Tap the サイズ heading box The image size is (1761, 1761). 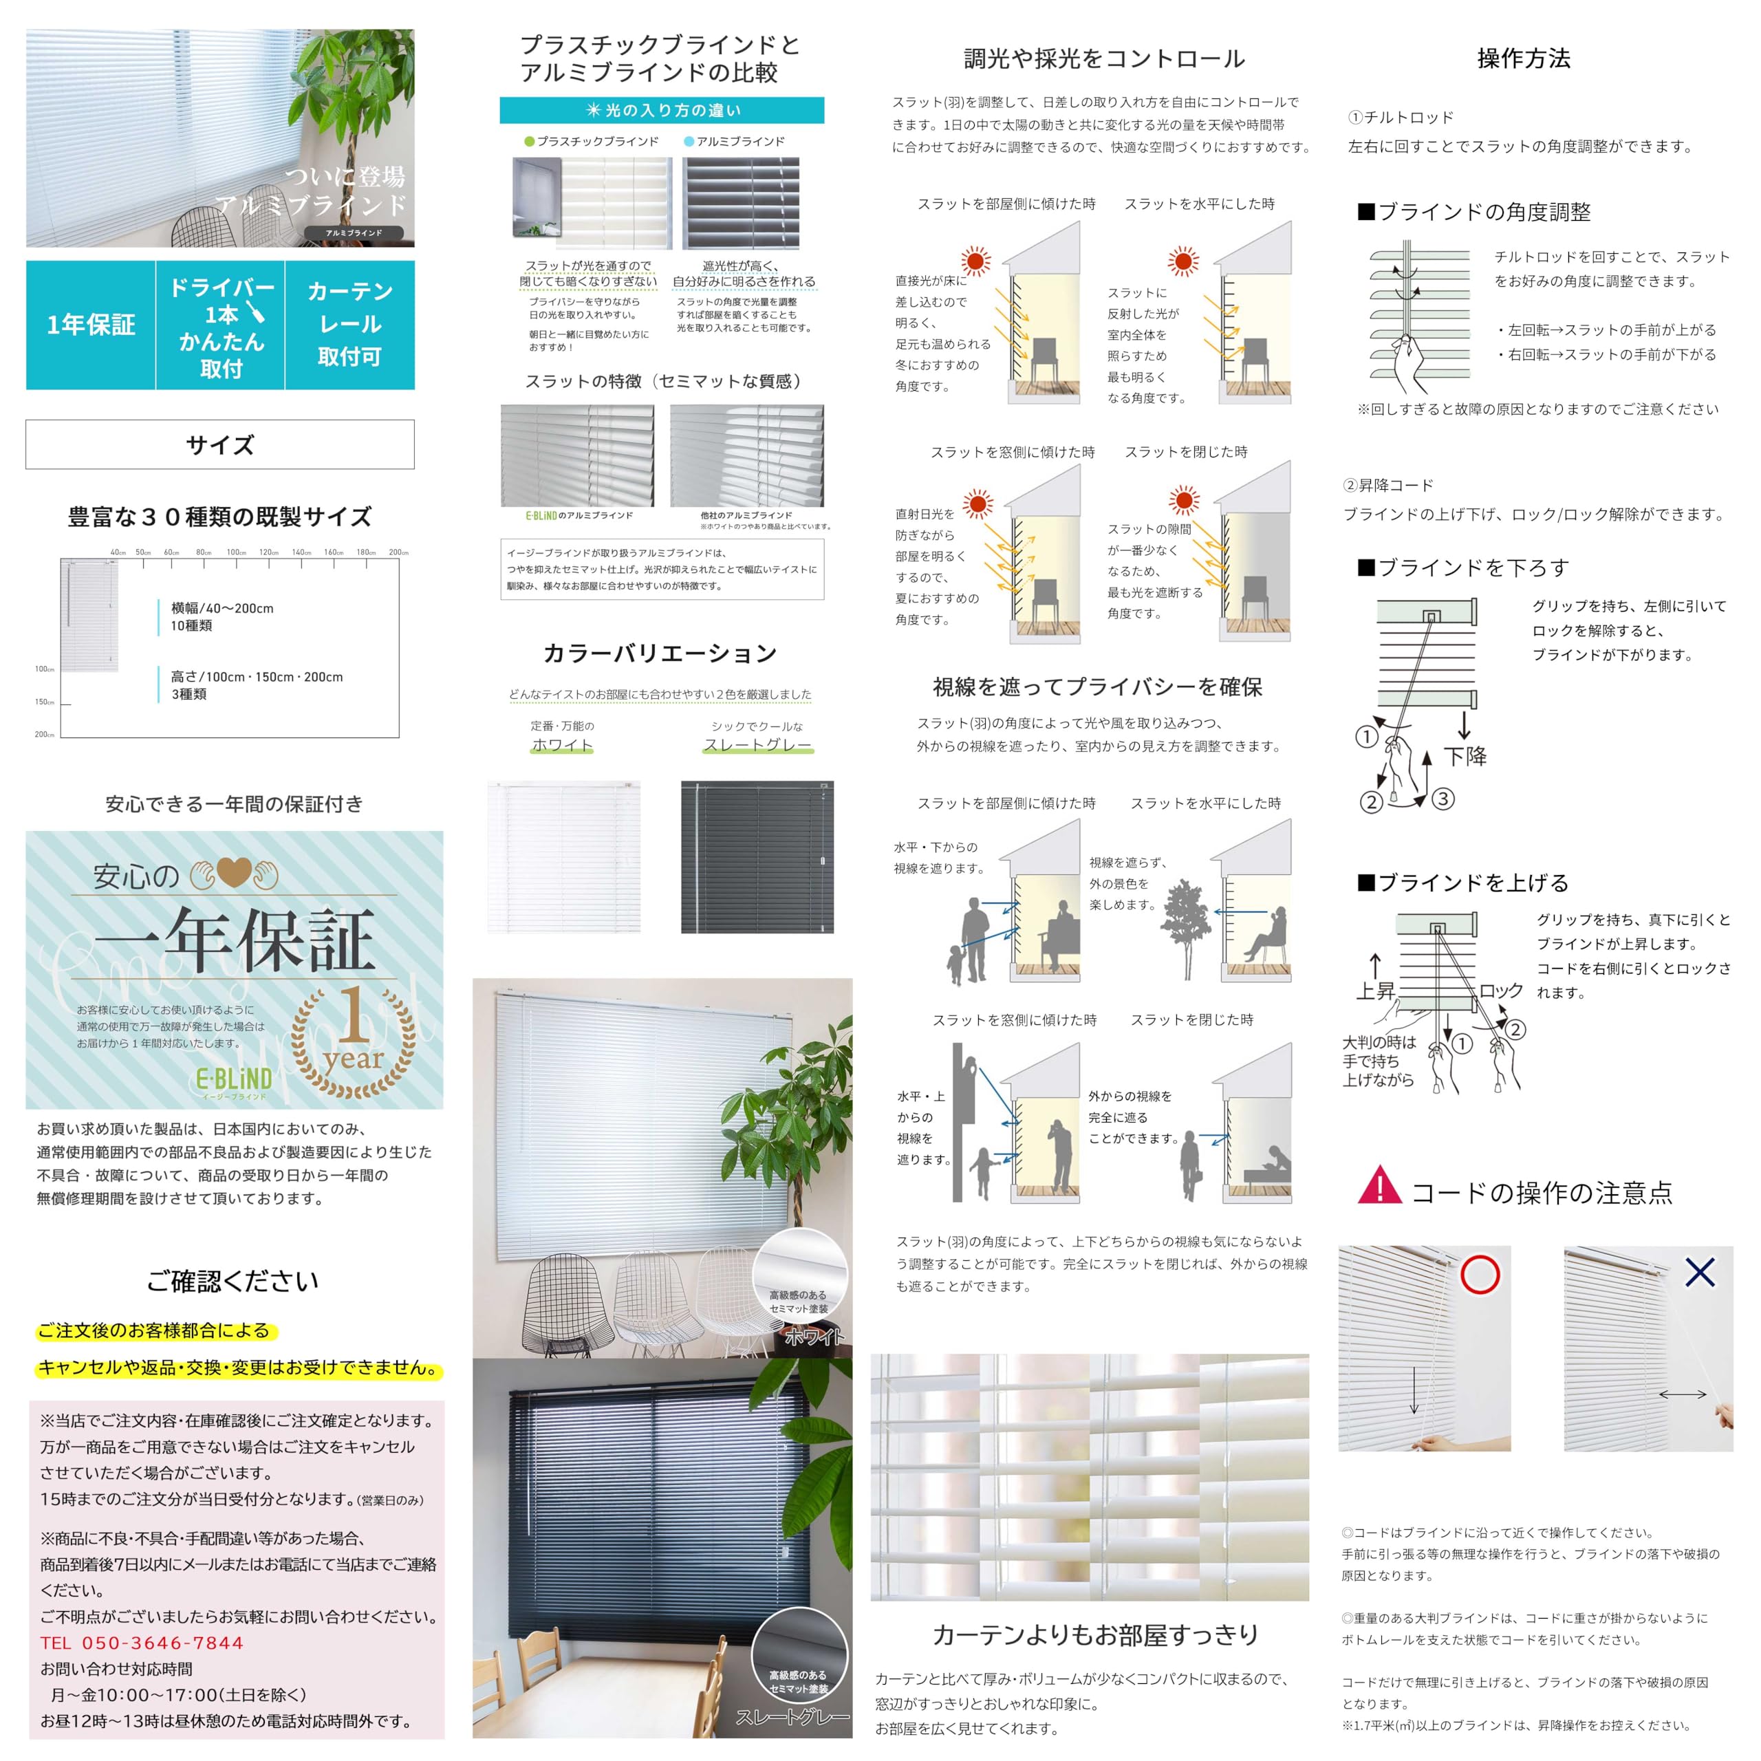[x=219, y=445]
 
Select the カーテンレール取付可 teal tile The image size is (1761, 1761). [x=350, y=325]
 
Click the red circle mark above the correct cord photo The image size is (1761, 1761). [x=1480, y=1274]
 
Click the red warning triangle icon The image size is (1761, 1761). [x=1379, y=1186]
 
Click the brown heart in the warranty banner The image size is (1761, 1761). [x=233, y=873]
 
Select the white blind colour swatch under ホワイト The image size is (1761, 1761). [x=564, y=857]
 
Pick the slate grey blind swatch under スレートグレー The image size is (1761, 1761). [x=757, y=857]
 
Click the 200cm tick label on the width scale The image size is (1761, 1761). [x=398, y=552]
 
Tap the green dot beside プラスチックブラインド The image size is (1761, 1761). [x=530, y=141]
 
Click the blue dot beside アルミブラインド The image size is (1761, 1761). [x=689, y=141]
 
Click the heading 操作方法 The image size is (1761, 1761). [x=1523, y=59]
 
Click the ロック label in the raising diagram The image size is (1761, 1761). [x=1500, y=991]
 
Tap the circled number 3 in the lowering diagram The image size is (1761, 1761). [x=1443, y=799]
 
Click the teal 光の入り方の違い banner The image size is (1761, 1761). [x=662, y=110]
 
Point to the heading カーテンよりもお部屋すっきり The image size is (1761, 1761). [x=1094, y=1634]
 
